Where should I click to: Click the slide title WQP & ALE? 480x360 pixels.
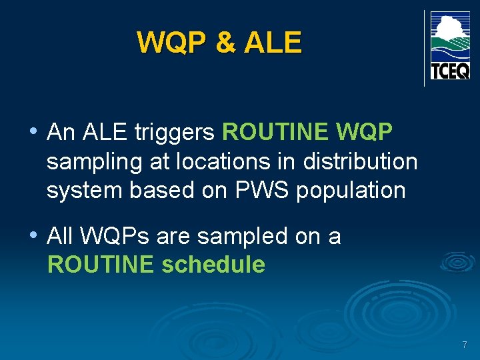click(219, 43)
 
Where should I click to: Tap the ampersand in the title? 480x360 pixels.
click(225, 43)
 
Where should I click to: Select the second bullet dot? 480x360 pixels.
click(33, 235)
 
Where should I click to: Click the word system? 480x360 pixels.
click(85, 190)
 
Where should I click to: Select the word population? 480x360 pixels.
click(351, 190)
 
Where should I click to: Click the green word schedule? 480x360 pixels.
click(213, 265)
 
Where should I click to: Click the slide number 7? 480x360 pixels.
click(465, 345)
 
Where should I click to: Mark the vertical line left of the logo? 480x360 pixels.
click(425, 48)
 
